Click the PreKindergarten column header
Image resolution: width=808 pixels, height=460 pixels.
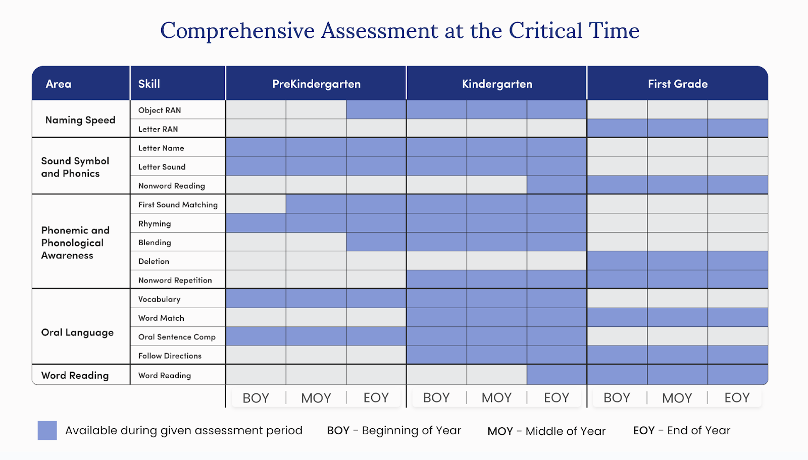316,84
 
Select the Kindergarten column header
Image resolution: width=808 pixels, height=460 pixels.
497,84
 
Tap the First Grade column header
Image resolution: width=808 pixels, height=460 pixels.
678,84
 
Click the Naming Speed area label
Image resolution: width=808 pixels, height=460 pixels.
80,120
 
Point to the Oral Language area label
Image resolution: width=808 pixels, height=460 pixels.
77,332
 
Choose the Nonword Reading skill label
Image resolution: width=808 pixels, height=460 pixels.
172,186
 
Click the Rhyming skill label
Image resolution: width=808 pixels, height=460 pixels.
155,223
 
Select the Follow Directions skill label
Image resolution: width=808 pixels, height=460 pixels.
170,356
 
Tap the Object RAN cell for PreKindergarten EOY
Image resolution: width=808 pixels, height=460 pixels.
376,109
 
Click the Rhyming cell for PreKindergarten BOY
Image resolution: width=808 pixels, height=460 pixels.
256,223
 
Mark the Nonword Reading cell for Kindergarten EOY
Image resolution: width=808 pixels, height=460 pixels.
557,185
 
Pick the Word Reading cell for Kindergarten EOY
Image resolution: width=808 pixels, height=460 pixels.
557,374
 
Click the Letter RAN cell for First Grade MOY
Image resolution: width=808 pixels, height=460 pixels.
677,128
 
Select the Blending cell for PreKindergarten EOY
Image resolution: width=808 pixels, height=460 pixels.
376,242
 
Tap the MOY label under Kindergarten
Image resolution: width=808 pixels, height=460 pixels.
497,397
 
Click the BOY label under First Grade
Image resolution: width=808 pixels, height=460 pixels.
617,397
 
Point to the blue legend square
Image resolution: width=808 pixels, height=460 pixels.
47,430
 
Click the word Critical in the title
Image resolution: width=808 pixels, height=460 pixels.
545,30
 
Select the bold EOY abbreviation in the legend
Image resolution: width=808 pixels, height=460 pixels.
644,430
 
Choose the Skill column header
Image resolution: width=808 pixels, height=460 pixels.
149,84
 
